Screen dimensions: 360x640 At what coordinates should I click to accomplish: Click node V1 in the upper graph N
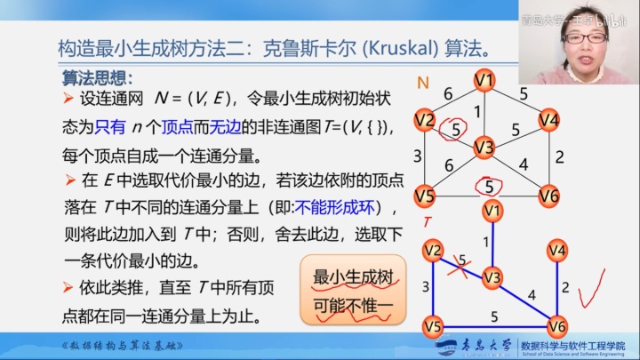click(484, 81)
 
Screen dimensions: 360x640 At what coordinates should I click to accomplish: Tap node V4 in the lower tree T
click(557, 251)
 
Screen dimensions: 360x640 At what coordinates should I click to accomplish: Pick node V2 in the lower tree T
click(433, 251)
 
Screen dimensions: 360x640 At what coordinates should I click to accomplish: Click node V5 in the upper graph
click(426, 196)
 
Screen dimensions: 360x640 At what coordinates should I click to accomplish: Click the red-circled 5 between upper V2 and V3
click(457, 129)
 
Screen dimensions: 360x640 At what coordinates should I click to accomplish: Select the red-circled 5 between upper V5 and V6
click(489, 187)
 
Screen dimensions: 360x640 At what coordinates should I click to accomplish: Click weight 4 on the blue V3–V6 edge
click(532, 293)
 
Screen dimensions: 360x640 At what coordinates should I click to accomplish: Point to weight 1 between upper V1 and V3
click(477, 112)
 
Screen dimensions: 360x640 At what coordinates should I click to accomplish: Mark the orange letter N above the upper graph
click(423, 84)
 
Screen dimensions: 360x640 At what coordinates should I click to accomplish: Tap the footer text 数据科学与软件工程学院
click(572, 342)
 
